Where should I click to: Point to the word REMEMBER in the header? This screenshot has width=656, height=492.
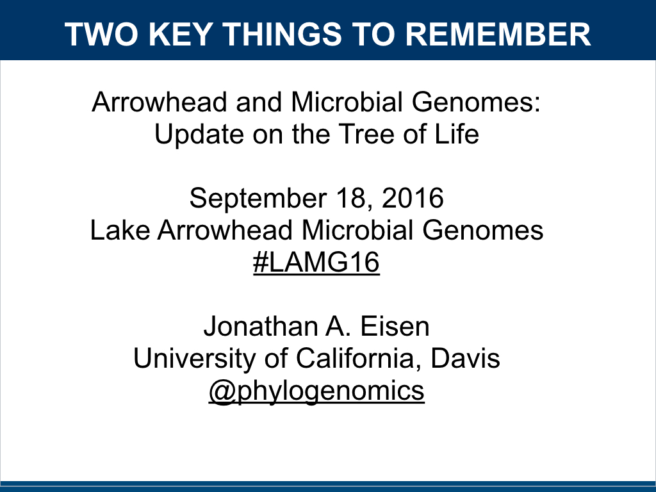[x=498, y=35]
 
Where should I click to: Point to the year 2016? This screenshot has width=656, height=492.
[x=412, y=199]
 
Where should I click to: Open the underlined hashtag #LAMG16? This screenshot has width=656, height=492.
[x=316, y=263]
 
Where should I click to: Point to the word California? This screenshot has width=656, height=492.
[x=357, y=359]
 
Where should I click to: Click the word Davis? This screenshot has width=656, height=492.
[x=465, y=359]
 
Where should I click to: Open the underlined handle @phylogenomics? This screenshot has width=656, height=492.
[x=316, y=391]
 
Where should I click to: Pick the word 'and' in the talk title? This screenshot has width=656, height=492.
[x=259, y=102]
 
